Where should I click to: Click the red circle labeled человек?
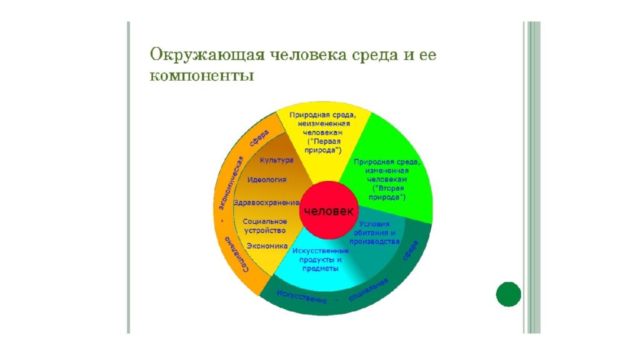[329, 210]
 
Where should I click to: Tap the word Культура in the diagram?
[277, 161]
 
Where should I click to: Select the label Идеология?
[267, 179]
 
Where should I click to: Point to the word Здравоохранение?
[266, 202]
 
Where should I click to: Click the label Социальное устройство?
[265, 226]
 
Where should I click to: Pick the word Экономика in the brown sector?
[267, 246]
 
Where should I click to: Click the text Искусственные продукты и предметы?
[321, 259]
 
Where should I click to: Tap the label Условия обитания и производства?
[374, 232]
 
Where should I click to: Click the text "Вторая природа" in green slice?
[387, 192]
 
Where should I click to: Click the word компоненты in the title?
[202, 76]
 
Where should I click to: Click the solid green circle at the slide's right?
[509, 294]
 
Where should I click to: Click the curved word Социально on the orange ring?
[236, 254]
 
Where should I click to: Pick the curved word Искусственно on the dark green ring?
[302, 297]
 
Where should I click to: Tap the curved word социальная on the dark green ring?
[368, 290]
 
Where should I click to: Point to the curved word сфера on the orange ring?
[259, 137]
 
